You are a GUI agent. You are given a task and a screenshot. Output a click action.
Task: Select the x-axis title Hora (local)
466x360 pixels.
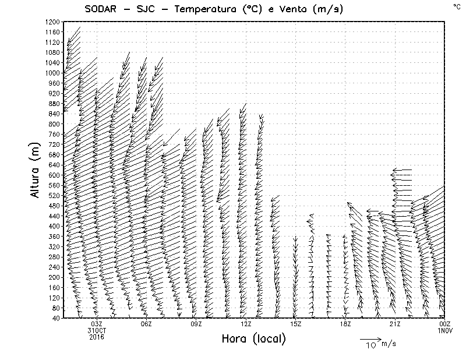click(253, 338)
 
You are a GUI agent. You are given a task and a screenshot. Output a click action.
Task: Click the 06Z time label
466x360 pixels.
click(146, 324)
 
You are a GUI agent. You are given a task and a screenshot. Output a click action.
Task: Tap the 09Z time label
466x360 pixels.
click(196, 324)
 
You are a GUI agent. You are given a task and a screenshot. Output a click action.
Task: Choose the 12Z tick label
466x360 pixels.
click(246, 324)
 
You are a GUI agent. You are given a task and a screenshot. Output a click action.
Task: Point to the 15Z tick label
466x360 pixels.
click(295, 324)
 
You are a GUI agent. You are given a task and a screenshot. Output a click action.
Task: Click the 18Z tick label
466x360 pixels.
click(345, 324)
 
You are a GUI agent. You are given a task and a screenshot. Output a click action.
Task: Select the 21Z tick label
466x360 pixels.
click(395, 324)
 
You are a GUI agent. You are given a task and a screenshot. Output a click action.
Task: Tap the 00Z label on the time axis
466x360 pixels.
click(444, 324)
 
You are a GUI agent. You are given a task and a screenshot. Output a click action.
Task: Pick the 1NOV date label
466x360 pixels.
click(444, 330)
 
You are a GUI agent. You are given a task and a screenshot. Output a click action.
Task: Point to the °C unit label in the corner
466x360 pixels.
click(457, 6)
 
